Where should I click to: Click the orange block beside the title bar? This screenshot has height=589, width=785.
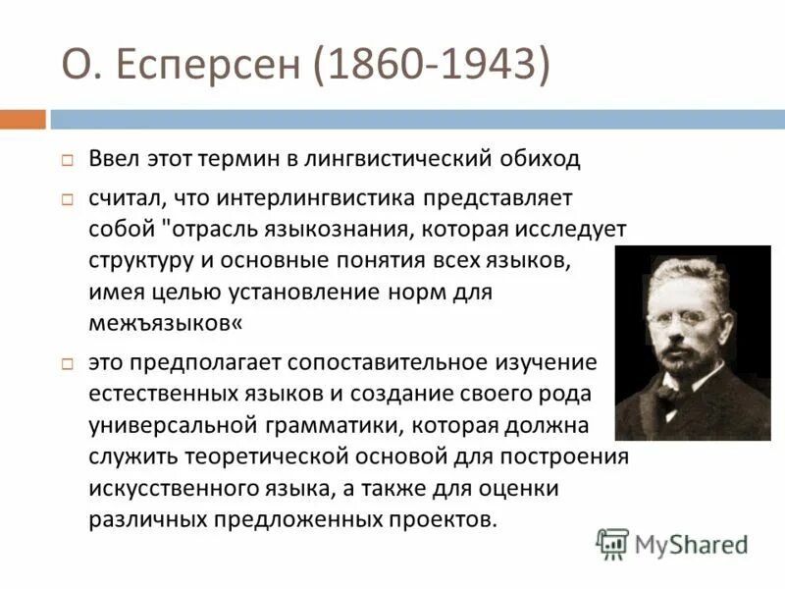coord(23,119)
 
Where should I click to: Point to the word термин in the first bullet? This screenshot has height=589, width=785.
coord(249,158)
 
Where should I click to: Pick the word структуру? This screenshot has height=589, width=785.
coord(141,261)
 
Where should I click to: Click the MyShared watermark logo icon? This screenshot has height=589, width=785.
coord(613,543)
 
